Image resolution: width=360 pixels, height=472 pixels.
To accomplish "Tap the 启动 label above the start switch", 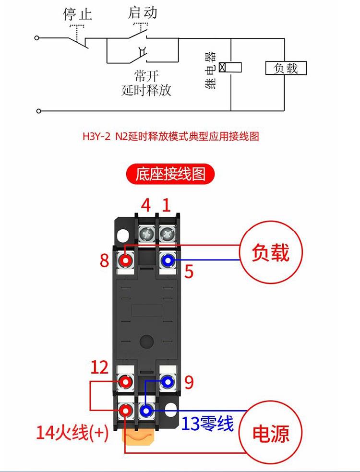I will [143, 12].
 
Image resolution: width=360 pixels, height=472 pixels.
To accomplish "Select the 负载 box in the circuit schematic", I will [286, 68].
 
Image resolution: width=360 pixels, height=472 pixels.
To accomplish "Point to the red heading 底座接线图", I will [170, 174].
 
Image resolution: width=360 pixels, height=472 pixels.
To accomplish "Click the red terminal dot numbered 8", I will [126, 260].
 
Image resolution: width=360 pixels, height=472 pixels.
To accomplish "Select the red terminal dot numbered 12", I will [126, 382].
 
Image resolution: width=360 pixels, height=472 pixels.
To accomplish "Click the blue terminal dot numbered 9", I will [168, 382].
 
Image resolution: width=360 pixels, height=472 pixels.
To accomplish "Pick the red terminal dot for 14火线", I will [126, 410].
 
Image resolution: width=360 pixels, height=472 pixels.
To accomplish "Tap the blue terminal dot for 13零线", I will [146, 410].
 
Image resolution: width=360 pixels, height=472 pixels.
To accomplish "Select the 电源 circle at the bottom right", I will [271, 433].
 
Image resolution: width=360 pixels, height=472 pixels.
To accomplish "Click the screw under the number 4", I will [146, 235].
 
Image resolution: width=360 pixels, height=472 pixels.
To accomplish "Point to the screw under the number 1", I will [167, 235].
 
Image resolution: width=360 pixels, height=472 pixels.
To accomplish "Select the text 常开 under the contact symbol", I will [146, 76].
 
